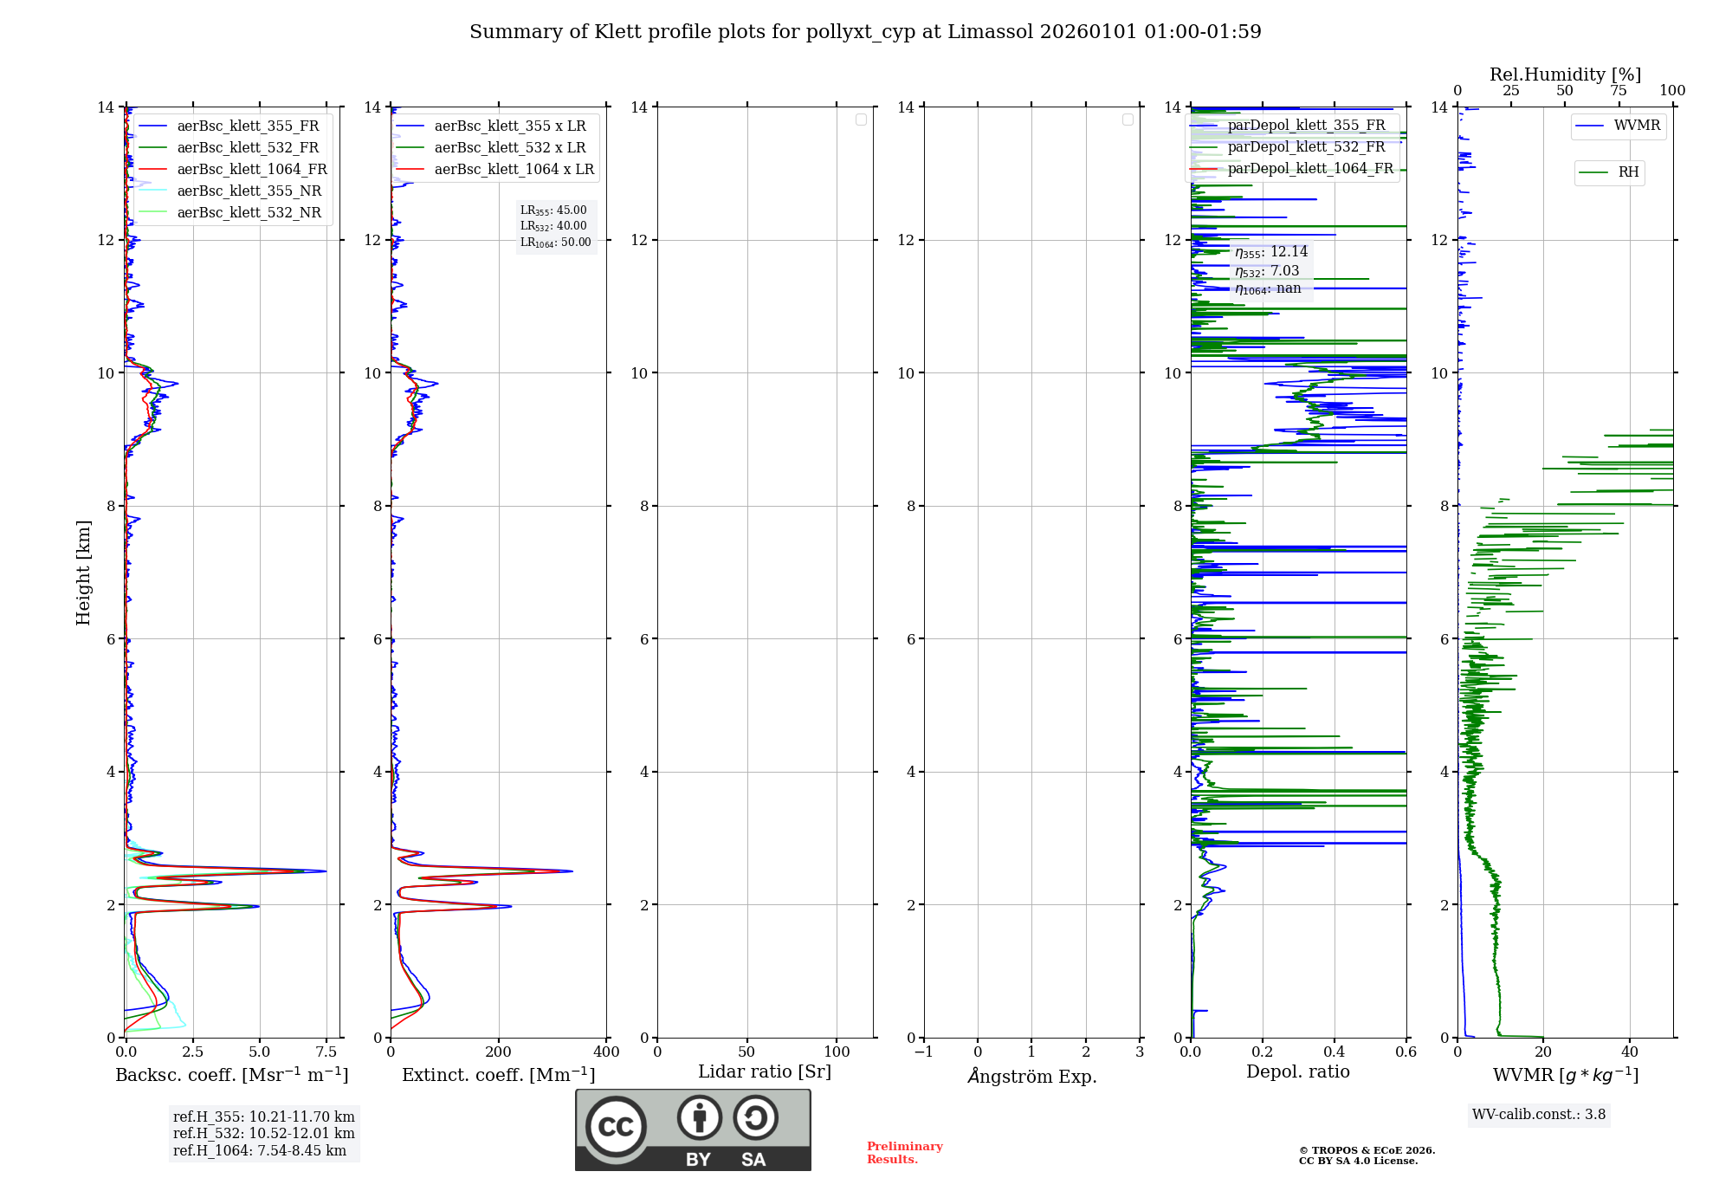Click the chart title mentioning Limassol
point(865,32)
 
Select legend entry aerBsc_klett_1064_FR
point(251,170)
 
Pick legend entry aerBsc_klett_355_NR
point(249,191)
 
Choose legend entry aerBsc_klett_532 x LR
point(509,148)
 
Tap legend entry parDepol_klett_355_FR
point(1306,126)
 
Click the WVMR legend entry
point(1636,126)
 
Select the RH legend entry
point(1627,172)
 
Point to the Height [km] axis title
point(83,573)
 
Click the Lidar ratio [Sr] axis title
point(765,1072)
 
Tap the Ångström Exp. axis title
point(1031,1077)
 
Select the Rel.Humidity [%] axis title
point(1565,74)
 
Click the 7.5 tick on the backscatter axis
point(326,1052)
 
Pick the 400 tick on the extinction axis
point(606,1052)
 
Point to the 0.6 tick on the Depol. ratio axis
point(1406,1052)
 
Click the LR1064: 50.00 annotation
point(555,243)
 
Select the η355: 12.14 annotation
point(1270,252)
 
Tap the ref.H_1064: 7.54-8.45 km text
point(260,1150)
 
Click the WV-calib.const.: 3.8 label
point(1539,1115)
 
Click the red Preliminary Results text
point(904,1153)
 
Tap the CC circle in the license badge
point(616,1127)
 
